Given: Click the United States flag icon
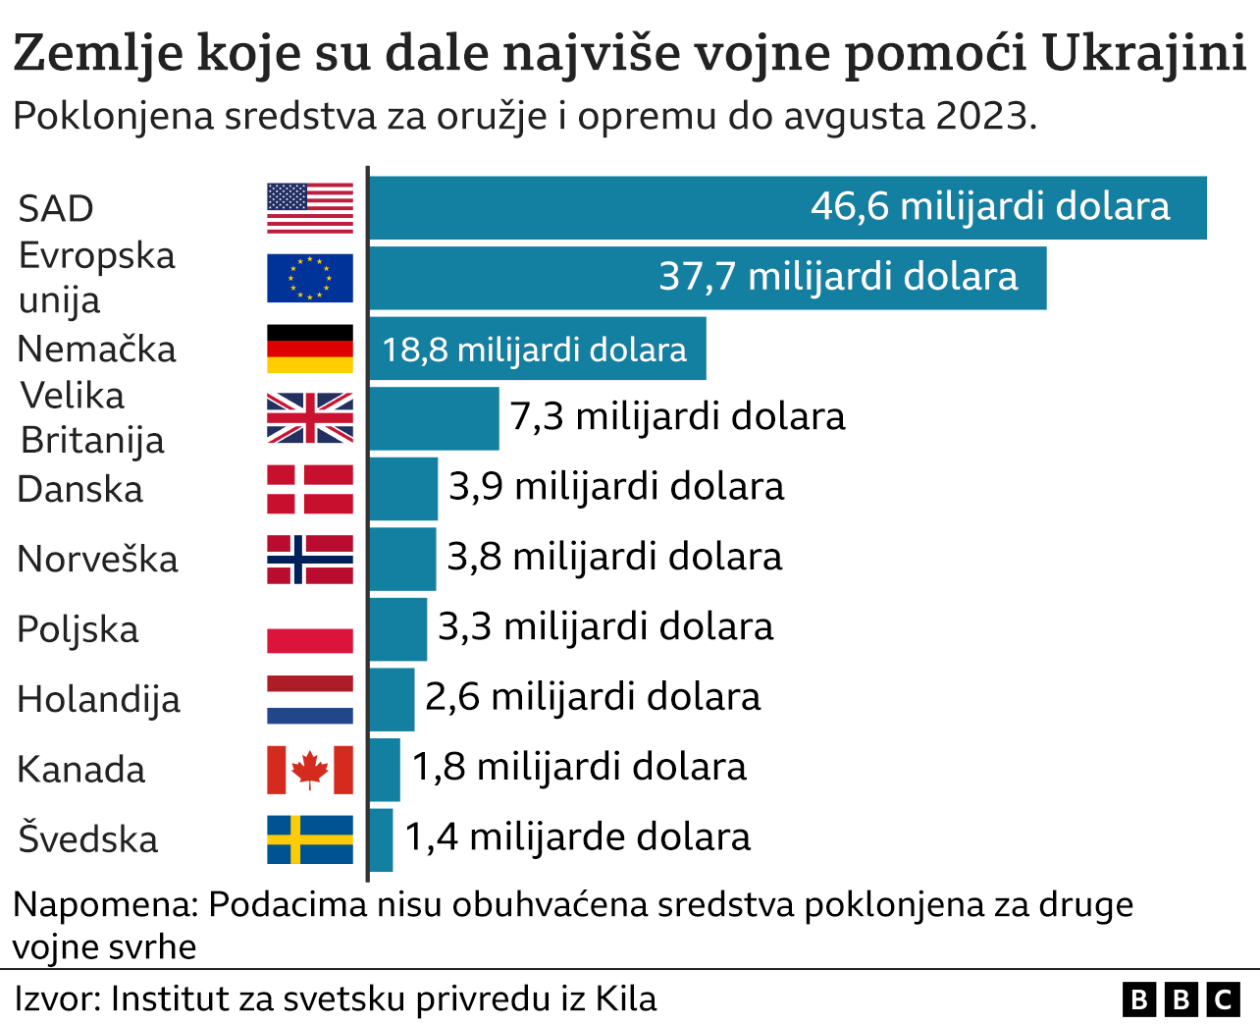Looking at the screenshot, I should (309, 208).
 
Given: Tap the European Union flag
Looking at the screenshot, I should (309, 278).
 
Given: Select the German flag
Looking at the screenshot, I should (309, 349).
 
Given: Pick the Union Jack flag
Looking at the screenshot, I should (309, 418).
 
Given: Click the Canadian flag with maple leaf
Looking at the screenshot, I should (309, 769).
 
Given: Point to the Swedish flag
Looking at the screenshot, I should (309, 839).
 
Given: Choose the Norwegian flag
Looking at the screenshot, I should (309, 559).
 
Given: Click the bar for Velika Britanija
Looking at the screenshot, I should (434, 418).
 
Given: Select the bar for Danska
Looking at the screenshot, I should (403, 488).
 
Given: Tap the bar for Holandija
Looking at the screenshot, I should (392, 699).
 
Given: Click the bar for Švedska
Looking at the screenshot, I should (381, 839).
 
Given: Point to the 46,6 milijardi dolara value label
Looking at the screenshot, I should (990, 207).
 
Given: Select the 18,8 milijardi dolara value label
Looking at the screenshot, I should (534, 350).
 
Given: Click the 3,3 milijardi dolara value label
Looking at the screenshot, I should (604, 626).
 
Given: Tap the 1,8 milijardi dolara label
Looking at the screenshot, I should (578, 767).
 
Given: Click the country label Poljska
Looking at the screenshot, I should (78, 629).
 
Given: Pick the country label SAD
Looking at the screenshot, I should (56, 209).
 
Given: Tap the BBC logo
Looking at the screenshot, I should (1181, 999).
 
